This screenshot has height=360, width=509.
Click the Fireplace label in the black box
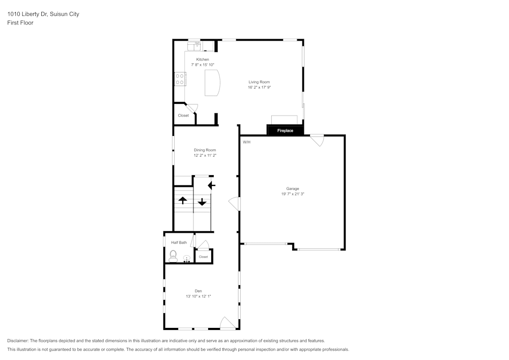point(285,131)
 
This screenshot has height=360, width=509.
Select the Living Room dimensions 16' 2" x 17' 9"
point(259,87)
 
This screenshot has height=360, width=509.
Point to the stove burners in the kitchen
point(180,79)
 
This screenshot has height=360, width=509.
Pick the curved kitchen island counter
point(213,82)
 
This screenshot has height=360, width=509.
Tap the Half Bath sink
point(187,259)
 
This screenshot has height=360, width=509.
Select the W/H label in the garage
point(246,142)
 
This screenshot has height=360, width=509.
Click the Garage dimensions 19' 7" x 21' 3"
point(292,194)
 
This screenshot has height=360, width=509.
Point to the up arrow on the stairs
point(183,200)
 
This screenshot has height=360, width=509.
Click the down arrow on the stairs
point(202,202)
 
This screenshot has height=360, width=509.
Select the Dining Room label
point(205,150)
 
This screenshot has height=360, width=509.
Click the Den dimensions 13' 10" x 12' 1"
point(198,296)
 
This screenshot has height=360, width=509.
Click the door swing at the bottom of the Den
point(227,323)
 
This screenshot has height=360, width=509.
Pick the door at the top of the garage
point(317,140)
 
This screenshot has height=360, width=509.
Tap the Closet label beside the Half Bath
point(204,257)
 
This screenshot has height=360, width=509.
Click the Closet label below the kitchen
point(183,116)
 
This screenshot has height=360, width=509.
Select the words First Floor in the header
point(20,23)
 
